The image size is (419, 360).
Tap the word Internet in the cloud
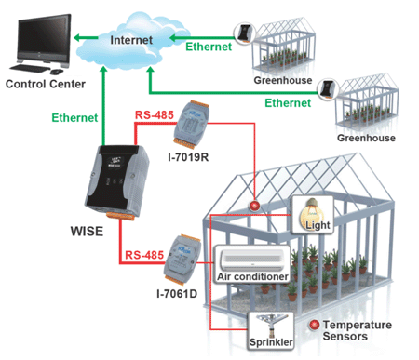point(131,40)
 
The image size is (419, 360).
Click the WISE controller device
point(116,181)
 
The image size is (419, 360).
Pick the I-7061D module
point(182,260)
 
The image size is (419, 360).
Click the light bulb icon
point(312,214)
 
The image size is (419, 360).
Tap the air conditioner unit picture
point(252,260)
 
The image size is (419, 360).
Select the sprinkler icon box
point(271,331)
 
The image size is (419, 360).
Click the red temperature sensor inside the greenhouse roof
point(254,206)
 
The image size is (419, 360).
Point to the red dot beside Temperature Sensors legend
point(314,325)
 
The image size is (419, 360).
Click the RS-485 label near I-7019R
point(155,115)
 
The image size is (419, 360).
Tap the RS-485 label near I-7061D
point(144,255)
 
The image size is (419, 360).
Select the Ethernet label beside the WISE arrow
point(74,118)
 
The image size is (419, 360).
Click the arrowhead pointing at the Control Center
point(77,38)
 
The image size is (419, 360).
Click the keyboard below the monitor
point(30,68)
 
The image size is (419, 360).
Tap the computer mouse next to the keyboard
point(57,72)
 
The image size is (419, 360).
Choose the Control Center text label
point(46,84)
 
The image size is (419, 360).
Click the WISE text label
point(87,232)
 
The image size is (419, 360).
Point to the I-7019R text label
point(188,157)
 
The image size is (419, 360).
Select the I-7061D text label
point(177,293)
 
